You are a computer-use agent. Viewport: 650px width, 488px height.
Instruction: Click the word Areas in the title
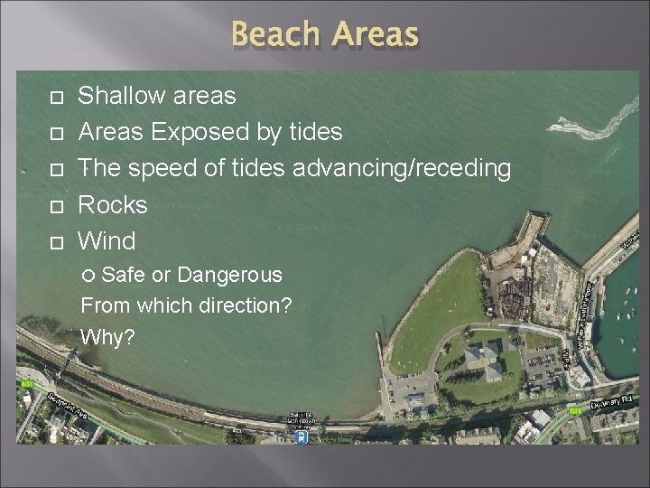[376, 34]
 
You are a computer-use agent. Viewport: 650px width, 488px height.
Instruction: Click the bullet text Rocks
[113, 205]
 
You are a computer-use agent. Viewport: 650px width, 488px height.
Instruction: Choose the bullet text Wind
[107, 241]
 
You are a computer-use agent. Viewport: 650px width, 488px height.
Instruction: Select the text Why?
[107, 337]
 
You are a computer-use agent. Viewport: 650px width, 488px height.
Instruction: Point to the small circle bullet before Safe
[88, 276]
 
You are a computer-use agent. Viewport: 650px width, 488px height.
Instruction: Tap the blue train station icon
[301, 436]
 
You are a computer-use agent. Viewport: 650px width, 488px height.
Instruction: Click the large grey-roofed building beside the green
[484, 357]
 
